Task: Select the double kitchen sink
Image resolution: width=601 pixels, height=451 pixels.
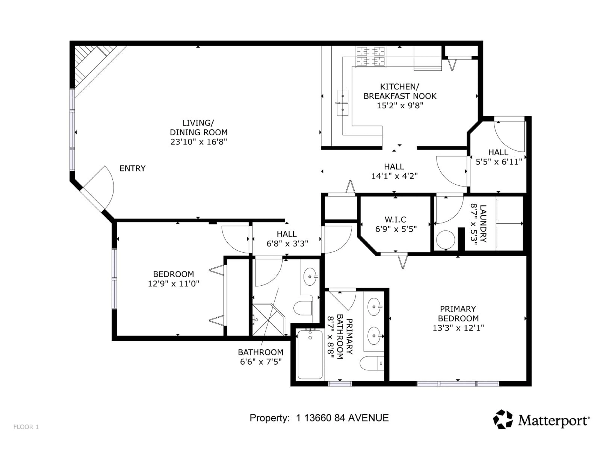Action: [343, 103]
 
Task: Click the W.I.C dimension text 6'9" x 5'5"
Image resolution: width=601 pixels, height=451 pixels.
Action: [396, 229]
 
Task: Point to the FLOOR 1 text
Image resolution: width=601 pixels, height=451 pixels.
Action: [26, 427]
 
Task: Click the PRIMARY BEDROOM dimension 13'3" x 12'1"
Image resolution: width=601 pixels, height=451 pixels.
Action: [458, 328]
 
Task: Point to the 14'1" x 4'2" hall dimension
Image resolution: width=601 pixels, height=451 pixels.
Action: [394, 176]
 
